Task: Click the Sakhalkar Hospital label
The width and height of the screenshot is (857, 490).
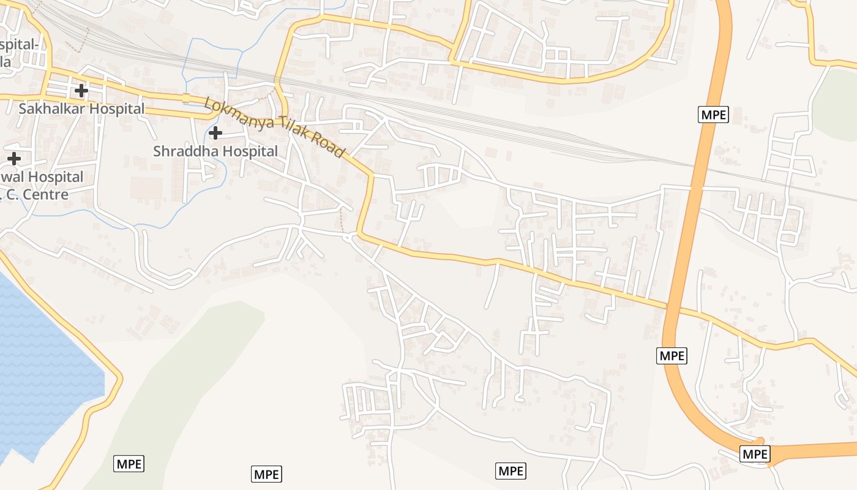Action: (x=81, y=109)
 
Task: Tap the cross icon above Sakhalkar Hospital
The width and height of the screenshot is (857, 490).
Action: (x=81, y=91)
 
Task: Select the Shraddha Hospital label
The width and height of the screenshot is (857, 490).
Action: (x=215, y=151)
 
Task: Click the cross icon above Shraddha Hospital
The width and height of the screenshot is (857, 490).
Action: (x=215, y=132)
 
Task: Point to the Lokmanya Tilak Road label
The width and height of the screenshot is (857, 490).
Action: (x=275, y=127)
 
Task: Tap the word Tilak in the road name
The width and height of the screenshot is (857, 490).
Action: (x=289, y=130)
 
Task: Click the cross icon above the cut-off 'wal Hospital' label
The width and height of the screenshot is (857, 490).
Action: (x=13, y=159)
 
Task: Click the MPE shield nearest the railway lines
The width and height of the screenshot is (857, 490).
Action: (x=713, y=115)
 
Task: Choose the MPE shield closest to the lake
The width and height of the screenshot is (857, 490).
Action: (x=129, y=464)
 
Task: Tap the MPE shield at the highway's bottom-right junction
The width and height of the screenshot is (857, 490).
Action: (x=754, y=454)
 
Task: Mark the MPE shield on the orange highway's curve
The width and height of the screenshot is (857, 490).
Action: (x=672, y=355)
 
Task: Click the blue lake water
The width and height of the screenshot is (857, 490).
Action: (x=43, y=367)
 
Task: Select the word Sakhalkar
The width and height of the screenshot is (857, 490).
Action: (x=51, y=109)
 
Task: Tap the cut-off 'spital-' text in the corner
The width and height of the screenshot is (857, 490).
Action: (x=20, y=45)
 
